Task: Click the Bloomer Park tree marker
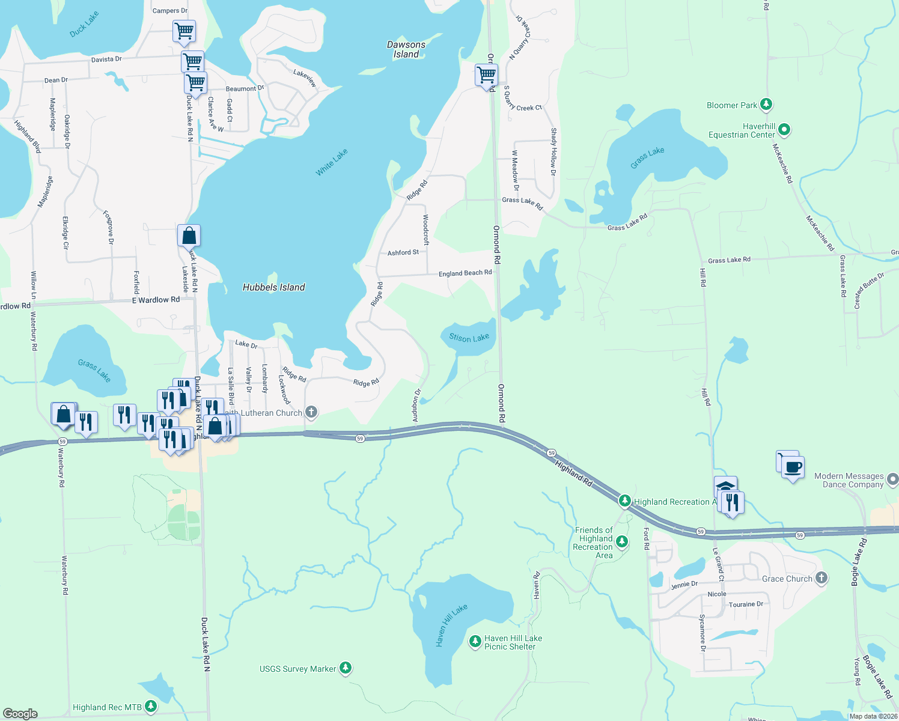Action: click(766, 105)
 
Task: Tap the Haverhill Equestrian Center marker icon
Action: click(784, 130)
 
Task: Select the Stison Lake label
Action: click(469, 338)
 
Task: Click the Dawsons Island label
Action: click(406, 49)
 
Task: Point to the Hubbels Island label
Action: click(274, 287)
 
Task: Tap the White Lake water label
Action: click(332, 163)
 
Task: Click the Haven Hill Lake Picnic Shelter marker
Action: click(475, 642)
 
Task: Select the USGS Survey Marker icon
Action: click(345, 668)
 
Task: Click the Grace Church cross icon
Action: click(821, 578)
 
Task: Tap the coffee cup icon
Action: click(793, 467)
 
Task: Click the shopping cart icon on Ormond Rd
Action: click(486, 75)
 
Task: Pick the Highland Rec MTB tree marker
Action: click(151, 707)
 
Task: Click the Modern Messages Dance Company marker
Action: click(892, 479)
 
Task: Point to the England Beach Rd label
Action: click(465, 273)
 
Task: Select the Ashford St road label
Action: click(403, 253)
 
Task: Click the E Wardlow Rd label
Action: click(156, 300)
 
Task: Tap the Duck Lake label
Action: click(84, 25)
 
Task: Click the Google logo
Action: click(20, 713)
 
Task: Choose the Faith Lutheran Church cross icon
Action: click(311, 412)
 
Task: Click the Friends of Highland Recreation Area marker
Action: click(622, 542)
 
